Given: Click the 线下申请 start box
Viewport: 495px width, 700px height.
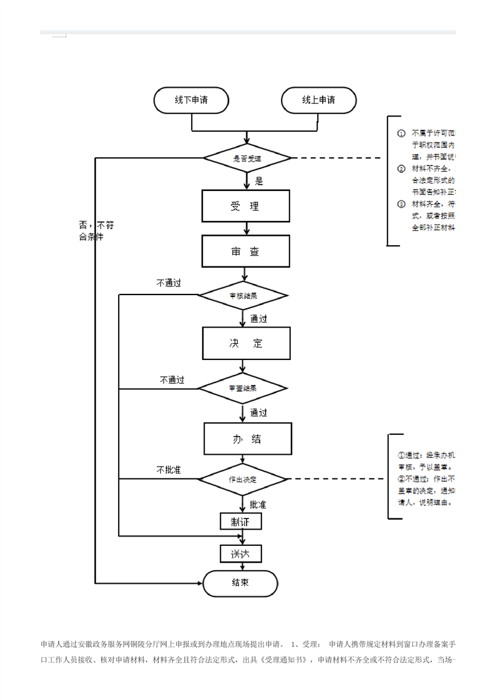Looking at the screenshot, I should click(191, 100).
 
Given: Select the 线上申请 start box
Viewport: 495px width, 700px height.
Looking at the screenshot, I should click(318, 100).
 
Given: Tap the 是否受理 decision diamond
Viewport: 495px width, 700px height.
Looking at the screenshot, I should click(247, 158).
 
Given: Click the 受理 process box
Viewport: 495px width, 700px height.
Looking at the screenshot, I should click(245, 206).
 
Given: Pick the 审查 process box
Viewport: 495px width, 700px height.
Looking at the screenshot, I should click(245, 251).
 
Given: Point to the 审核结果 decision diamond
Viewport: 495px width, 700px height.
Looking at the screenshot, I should click(243, 296).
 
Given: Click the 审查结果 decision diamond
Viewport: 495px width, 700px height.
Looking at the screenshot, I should click(243, 388).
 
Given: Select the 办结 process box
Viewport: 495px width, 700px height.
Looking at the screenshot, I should click(247, 439).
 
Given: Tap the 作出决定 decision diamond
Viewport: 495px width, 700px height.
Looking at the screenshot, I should click(243, 479).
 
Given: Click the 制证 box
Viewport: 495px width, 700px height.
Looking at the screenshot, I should click(241, 522).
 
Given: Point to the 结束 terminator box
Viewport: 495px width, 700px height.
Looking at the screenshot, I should click(240, 583).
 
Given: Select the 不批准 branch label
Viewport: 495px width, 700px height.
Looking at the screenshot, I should click(169, 469).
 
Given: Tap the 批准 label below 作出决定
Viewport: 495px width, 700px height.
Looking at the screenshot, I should click(258, 504).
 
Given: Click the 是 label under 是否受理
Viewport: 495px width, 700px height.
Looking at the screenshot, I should click(259, 182).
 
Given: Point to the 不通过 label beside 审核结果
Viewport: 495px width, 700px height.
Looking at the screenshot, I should click(169, 283).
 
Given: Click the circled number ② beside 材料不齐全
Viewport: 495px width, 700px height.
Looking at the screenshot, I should click(401, 169).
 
